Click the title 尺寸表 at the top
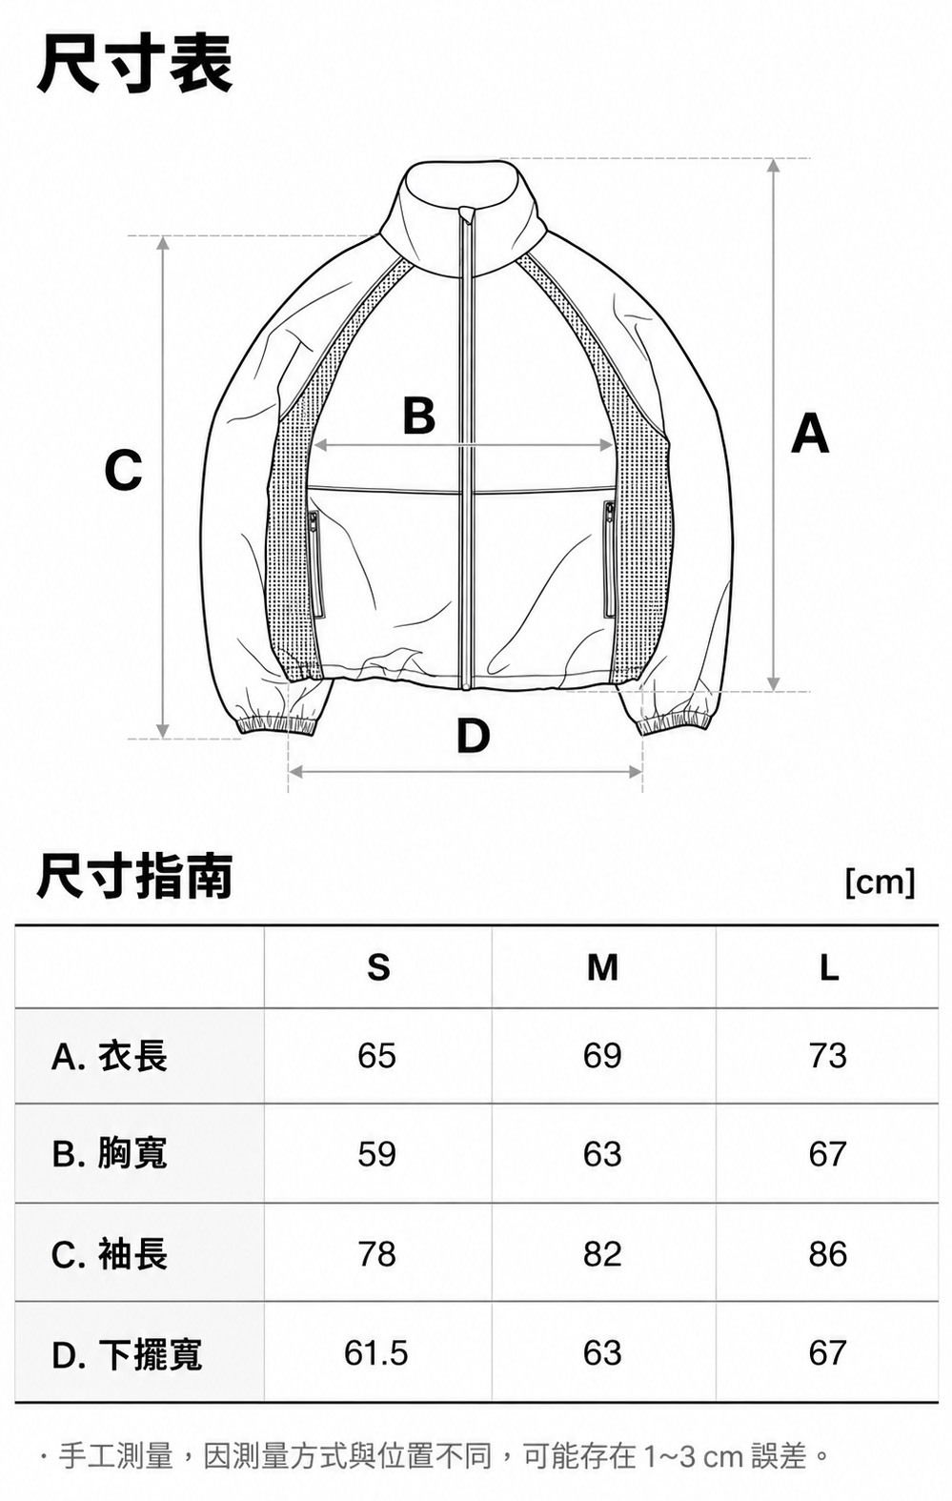(134, 65)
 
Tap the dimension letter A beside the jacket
(810, 434)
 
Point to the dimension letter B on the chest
(419, 416)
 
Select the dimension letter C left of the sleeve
(123, 470)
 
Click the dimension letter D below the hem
(473, 735)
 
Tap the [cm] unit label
(880, 882)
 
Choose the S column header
(378, 967)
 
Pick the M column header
(602, 967)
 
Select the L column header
(829, 967)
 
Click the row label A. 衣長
(110, 1057)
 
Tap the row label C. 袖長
(110, 1254)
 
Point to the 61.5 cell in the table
(375, 1353)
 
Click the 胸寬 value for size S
(377, 1154)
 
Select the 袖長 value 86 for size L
(828, 1254)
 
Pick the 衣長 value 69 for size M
(602, 1056)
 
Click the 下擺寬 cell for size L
(828, 1353)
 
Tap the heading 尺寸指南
(134, 876)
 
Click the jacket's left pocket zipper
(313, 564)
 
